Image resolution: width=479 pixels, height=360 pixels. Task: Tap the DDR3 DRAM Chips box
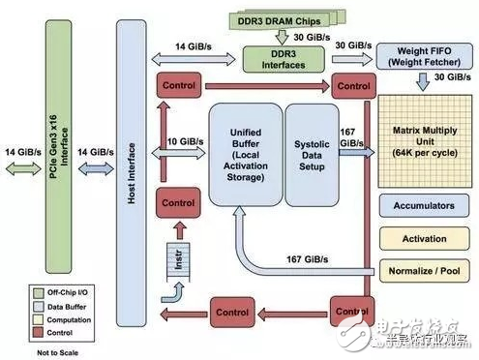coord(280,19)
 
